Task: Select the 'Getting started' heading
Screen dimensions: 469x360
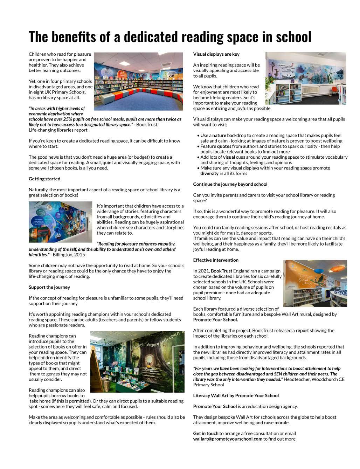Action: [x=44, y=179]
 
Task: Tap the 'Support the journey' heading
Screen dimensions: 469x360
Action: [x=49, y=287]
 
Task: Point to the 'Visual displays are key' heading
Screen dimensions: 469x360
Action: [x=216, y=54]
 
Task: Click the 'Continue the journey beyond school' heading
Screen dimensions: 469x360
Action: [x=230, y=184]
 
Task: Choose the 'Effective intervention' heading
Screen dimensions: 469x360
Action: [x=216, y=260]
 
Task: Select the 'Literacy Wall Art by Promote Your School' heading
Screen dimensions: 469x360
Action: [x=236, y=396]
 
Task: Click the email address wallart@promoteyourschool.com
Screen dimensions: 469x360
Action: [x=228, y=439]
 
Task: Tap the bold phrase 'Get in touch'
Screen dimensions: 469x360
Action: [x=206, y=434]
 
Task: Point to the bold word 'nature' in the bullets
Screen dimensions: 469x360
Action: [x=219, y=136]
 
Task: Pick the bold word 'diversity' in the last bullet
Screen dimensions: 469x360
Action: [x=209, y=173]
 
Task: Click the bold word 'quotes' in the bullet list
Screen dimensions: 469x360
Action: [x=224, y=146]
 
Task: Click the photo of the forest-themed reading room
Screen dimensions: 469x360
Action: [x=137, y=361]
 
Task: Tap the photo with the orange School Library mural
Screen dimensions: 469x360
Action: [x=315, y=283]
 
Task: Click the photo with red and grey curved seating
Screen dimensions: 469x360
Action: [x=138, y=81]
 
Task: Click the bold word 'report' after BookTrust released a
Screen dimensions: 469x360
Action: [x=302, y=331]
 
